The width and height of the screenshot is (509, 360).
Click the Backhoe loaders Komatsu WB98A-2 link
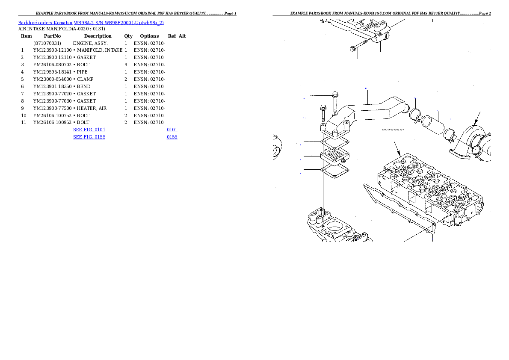click(x=91, y=23)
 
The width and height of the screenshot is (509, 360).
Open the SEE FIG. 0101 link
click(x=89, y=129)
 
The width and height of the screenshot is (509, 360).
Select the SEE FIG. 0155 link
click(x=89, y=137)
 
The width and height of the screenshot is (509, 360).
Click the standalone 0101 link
click(x=172, y=129)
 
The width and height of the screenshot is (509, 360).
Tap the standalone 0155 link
click(x=172, y=137)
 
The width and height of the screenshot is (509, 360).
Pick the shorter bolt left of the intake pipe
click(x=323, y=113)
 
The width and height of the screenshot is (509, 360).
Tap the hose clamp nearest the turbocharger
click(x=448, y=136)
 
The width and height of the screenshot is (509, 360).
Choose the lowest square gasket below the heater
click(x=335, y=171)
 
